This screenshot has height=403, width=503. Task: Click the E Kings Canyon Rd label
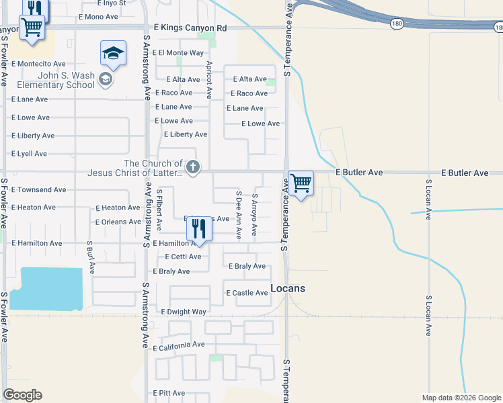click(190, 28)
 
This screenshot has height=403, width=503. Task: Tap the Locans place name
click(288, 288)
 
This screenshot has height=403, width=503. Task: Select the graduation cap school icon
click(114, 53)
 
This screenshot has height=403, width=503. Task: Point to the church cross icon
click(193, 167)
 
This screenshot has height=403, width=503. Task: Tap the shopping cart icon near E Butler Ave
click(301, 182)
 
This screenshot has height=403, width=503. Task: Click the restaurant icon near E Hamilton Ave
click(198, 229)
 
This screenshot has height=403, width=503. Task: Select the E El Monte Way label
click(178, 52)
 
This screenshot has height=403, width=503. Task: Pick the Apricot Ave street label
click(209, 80)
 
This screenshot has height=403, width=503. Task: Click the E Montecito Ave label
click(38, 64)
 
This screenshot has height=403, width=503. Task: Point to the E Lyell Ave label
click(30, 154)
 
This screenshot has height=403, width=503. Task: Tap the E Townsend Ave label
click(39, 190)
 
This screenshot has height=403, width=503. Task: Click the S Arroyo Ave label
click(254, 216)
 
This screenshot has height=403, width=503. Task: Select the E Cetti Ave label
click(183, 257)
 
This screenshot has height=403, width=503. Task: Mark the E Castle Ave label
click(247, 293)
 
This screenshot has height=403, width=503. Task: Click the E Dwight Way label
click(184, 312)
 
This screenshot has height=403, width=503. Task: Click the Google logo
click(23, 395)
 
